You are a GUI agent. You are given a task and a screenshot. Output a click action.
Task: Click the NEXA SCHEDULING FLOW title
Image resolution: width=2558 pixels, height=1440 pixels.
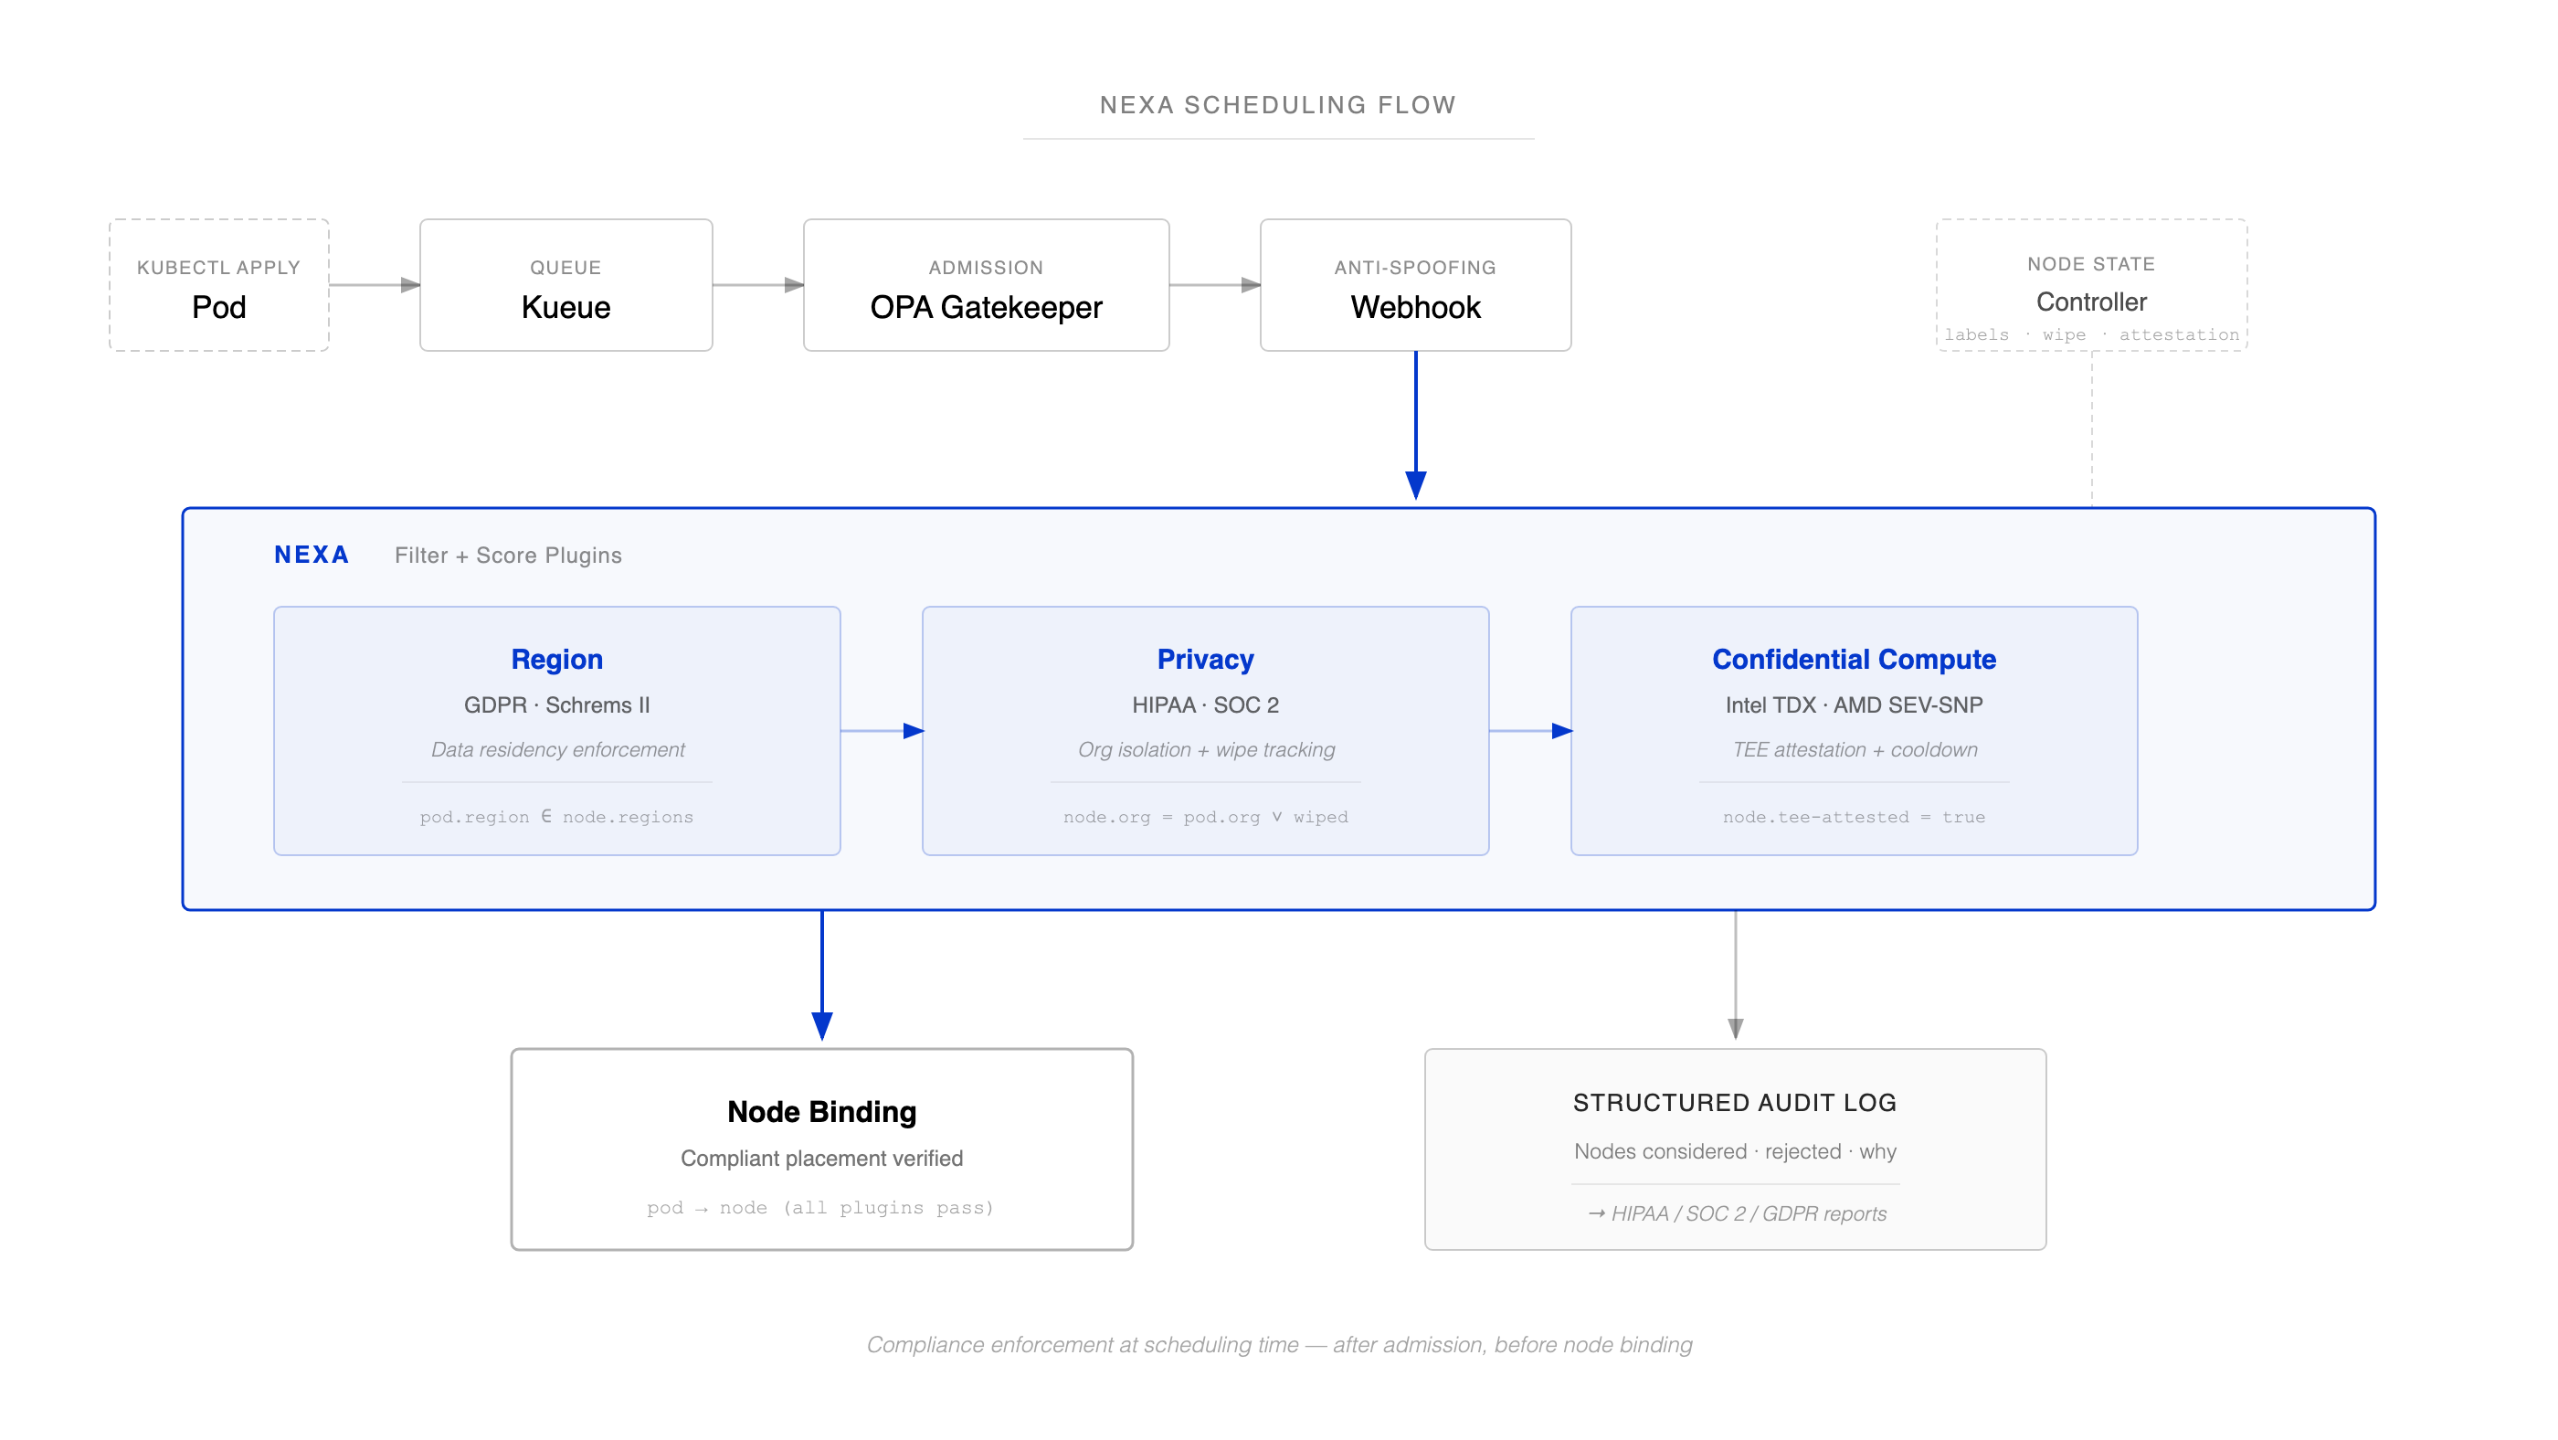1277,105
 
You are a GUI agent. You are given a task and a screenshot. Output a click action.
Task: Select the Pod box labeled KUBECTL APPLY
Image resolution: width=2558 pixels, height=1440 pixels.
218,286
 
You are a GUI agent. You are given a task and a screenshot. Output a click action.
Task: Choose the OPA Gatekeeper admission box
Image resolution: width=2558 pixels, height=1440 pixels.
985,286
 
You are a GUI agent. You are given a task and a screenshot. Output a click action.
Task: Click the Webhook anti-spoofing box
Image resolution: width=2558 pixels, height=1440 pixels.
1414,286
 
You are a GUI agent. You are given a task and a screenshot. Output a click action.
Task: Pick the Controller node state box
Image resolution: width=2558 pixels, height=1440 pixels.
2090,286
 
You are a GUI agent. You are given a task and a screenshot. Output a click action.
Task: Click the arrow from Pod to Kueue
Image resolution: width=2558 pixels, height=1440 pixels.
374,285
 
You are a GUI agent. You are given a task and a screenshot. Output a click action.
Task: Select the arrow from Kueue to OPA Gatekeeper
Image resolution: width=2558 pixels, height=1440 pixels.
756,285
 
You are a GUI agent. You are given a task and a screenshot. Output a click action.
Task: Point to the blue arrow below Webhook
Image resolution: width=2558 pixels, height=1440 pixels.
1415,427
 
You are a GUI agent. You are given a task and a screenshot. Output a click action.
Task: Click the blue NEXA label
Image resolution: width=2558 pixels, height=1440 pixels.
312,556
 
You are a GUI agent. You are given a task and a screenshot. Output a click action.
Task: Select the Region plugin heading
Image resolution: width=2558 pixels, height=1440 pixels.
556,660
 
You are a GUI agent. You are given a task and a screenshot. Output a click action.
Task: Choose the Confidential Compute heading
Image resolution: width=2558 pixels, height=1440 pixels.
1853,660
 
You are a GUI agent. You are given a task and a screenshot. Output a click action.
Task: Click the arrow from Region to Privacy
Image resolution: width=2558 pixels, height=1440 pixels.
881,731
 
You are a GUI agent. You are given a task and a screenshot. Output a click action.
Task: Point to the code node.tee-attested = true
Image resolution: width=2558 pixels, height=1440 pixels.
1853,816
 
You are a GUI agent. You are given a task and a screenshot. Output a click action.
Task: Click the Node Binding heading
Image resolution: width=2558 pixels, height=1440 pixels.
821,1111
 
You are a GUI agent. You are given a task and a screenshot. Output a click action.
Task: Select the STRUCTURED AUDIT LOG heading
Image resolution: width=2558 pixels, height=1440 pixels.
1734,1102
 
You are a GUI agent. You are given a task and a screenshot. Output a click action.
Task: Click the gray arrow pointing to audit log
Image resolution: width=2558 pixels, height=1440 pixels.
1735,979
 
